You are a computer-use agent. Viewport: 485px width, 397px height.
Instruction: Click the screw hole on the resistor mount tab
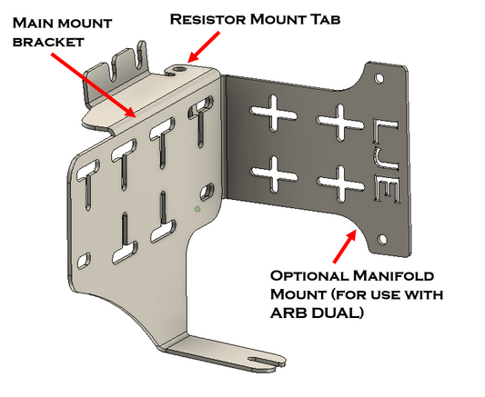183,68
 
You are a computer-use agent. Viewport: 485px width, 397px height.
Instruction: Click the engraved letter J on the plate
388,166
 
